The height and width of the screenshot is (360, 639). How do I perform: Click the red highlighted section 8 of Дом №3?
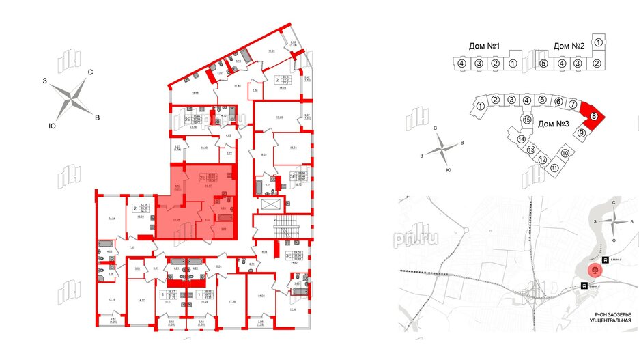(x=595, y=116)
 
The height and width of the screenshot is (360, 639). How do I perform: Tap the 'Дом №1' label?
(x=485, y=46)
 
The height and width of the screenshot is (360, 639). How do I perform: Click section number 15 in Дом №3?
(x=526, y=120)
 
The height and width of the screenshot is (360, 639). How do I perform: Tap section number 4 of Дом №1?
(x=462, y=64)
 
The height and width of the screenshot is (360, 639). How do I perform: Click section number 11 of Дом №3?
(x=555, y=168)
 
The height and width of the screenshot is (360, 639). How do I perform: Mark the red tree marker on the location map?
(x=596, y=269)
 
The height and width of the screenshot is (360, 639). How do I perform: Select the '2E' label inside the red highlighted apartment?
(x=202, y=178)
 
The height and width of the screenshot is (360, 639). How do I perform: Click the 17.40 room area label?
(x=238, y=85)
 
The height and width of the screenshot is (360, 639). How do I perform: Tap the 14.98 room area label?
(x=195, y=93)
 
